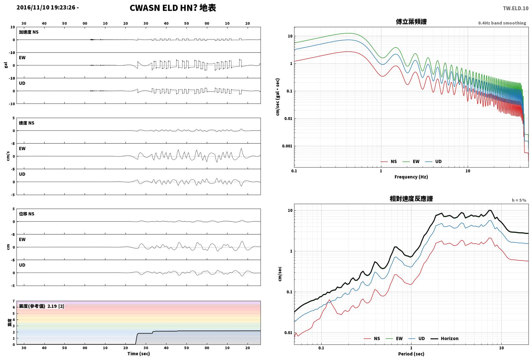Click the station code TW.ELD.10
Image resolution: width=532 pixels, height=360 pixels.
[516, 8]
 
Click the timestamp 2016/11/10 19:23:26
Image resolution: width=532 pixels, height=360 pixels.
[46, 7]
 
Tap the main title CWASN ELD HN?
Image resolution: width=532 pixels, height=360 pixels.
[164, 8]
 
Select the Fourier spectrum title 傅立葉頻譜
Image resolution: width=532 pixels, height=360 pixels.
[411, 22]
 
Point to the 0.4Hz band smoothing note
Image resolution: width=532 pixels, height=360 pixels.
[502, 23]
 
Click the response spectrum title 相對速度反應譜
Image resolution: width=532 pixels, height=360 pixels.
[411, 199]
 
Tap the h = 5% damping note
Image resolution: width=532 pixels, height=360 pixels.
[519, 200]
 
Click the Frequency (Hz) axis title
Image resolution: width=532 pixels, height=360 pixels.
[411, 177]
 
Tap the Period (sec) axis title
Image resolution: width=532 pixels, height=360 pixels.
[411, 354]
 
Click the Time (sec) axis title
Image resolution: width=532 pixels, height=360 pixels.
[138, 354]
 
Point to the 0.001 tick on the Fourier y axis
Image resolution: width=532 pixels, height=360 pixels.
[287, 146]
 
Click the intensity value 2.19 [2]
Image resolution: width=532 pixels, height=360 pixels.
[56, 306]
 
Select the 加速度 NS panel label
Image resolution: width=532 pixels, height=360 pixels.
[28, 32]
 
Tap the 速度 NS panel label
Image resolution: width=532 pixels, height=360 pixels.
[27, 123]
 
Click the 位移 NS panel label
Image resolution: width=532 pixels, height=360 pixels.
[27, 214]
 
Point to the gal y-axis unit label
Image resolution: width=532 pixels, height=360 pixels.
[6, 65]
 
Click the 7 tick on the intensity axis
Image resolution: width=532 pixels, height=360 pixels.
[14, 301]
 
